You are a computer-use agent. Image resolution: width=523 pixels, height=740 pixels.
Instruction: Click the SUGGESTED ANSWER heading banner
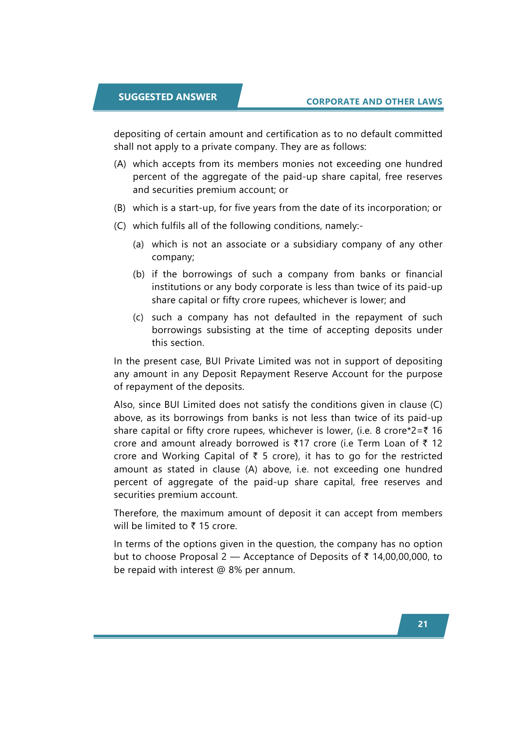[167, 97]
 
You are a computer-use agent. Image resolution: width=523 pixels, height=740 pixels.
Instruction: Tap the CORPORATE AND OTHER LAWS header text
[374, 102]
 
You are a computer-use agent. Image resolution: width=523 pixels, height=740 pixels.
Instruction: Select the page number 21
[422, 624]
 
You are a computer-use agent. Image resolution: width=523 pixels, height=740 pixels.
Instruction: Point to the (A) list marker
[120, 164]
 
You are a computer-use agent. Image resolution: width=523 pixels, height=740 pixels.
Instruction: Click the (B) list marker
[120, 208]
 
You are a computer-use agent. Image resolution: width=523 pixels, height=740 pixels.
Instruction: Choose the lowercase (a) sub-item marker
[138, 244]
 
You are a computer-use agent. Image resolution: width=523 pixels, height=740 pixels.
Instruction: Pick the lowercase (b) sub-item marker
[139, 274]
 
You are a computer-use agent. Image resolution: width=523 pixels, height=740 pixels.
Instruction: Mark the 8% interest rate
[235, 570]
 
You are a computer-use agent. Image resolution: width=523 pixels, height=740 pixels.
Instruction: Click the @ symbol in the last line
[221, 570]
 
